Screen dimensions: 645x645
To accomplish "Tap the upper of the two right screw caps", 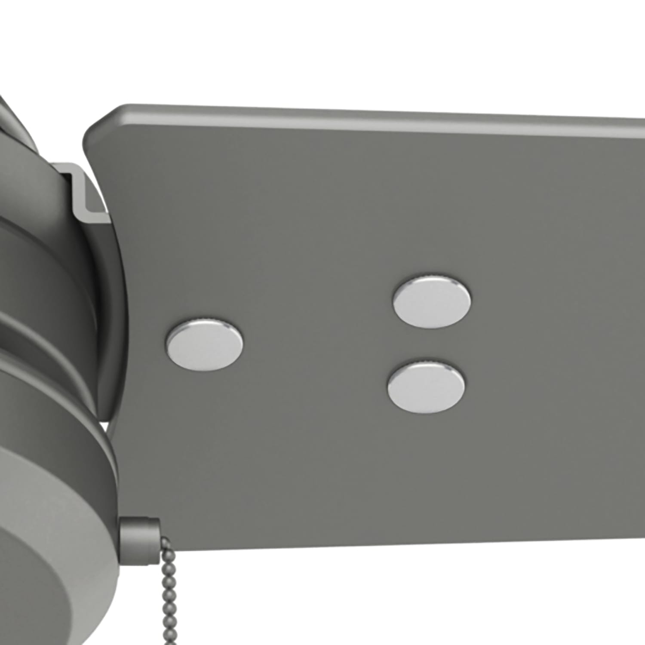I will tap(431, 301).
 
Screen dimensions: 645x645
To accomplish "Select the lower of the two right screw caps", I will tap(426, 387).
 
